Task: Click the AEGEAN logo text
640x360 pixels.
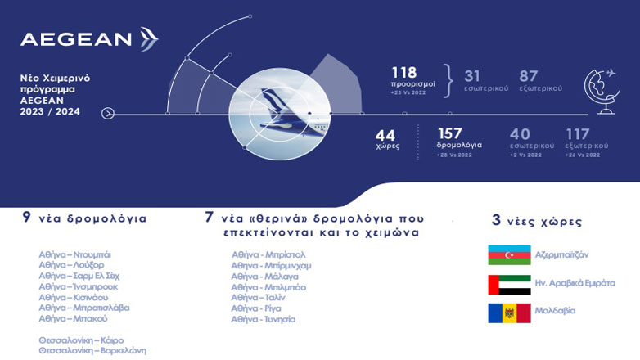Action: pyautogui.click(x=75, y=39)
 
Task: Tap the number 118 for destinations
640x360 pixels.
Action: pyautogui.click(x=404, y=73)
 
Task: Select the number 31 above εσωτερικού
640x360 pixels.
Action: pyautogui.click(x=473, y=74)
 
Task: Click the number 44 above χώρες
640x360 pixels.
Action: pyautogui.click(x=386, y=134)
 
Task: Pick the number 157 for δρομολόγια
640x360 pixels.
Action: pyautogui.click(x=450, y=134)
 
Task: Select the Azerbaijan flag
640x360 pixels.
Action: pyautogui.click(x=508, y=255)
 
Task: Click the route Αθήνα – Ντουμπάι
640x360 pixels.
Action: pyautogui.click(x=74, y=255)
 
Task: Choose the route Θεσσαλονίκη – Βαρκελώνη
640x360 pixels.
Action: pyautogui.click(x=92, y=350)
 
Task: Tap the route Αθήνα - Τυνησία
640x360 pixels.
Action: pyautogui.click(x=263, y=319)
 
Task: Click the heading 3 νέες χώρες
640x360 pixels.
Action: pyautogui.click(x=536, y=221)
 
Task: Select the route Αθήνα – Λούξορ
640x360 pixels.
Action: pyautogui.click(x=72, y=266)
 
